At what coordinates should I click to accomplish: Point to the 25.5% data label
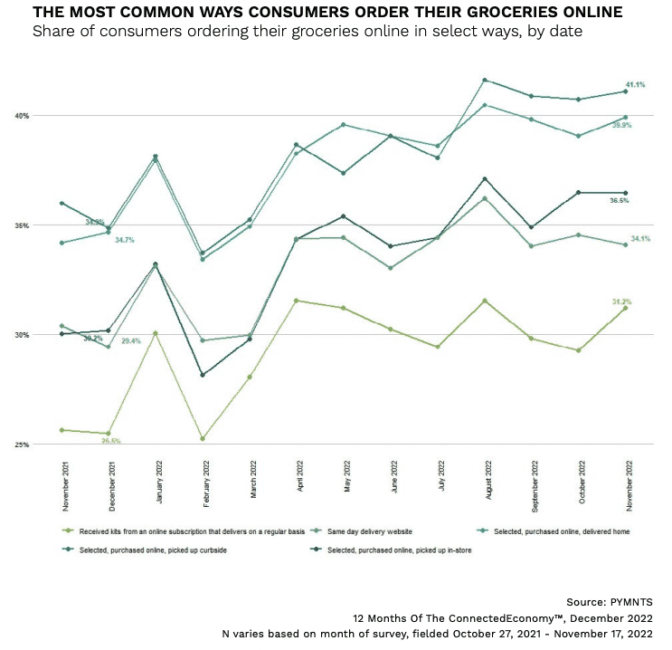tap(112, 441)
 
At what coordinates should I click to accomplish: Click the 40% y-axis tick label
tap(21, 116)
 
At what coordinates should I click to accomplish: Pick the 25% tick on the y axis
tap(21, 444)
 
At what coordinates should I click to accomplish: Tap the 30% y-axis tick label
tap(21, 335)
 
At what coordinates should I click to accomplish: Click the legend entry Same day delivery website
tap(374, 531)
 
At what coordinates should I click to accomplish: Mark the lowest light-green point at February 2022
tap(203, 439)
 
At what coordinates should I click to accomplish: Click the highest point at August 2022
tap(486, 80)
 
